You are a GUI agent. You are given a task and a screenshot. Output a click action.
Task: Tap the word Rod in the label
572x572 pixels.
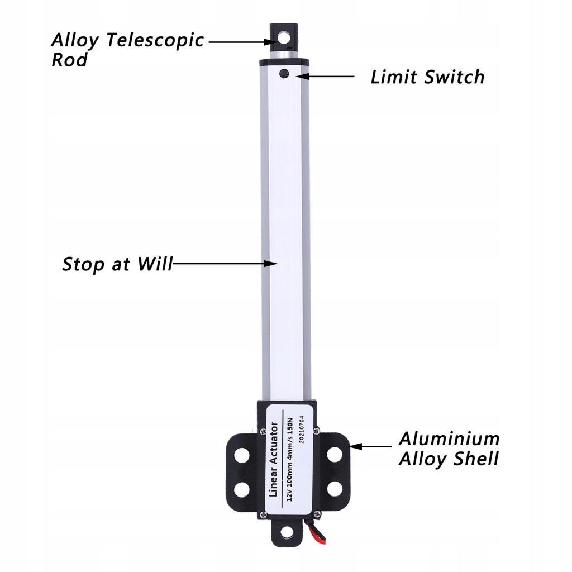(69, 60)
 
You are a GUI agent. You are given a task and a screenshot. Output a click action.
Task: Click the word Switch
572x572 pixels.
(454, 77)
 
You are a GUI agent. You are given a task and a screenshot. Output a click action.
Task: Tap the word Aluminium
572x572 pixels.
(449, 438)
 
